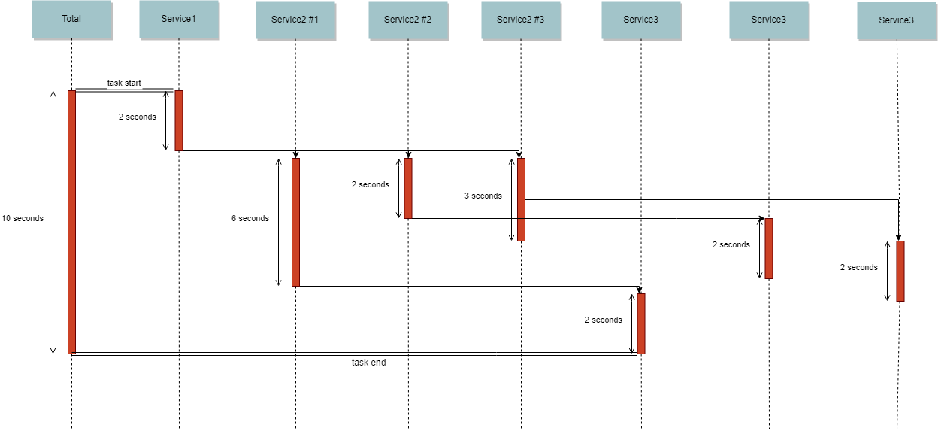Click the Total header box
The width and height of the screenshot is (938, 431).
[71, 20]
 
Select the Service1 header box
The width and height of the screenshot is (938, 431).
[178, 20]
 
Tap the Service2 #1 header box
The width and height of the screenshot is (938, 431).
[295, 20]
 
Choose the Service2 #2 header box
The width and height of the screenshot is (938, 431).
[407, 20]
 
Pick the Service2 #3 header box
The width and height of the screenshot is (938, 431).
[520, 20]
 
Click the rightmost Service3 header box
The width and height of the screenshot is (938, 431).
[896, 21]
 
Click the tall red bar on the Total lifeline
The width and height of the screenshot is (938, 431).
[71, 222]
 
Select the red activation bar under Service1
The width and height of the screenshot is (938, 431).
[179, 120]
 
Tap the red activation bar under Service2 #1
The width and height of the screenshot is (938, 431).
[295, 222]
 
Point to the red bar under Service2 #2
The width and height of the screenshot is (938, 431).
[408, 188]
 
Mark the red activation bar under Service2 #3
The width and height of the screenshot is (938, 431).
[521, 199]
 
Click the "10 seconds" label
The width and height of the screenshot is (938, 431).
[23, 219]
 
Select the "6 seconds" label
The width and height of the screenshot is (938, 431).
[250, 219]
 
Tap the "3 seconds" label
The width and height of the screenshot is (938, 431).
[483, 196]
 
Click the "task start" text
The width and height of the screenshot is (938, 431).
[124, 83]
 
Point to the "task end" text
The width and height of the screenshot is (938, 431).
[368, 363]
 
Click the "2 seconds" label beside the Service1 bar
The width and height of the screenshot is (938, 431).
[137, 117]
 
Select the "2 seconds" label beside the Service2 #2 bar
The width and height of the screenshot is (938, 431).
[370, 185]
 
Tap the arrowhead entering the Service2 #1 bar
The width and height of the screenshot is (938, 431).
[295, 154]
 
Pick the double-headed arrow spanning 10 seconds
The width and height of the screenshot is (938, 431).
[53, 222]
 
